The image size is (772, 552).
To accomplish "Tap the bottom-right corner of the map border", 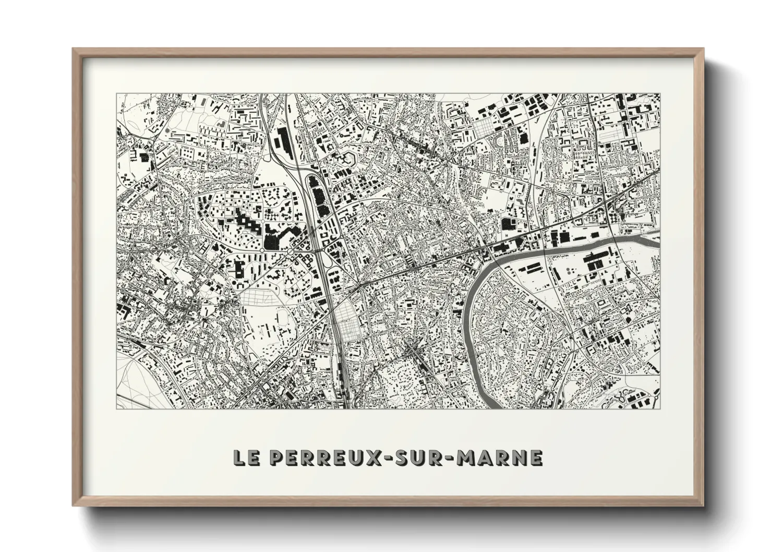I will click(659, 408).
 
